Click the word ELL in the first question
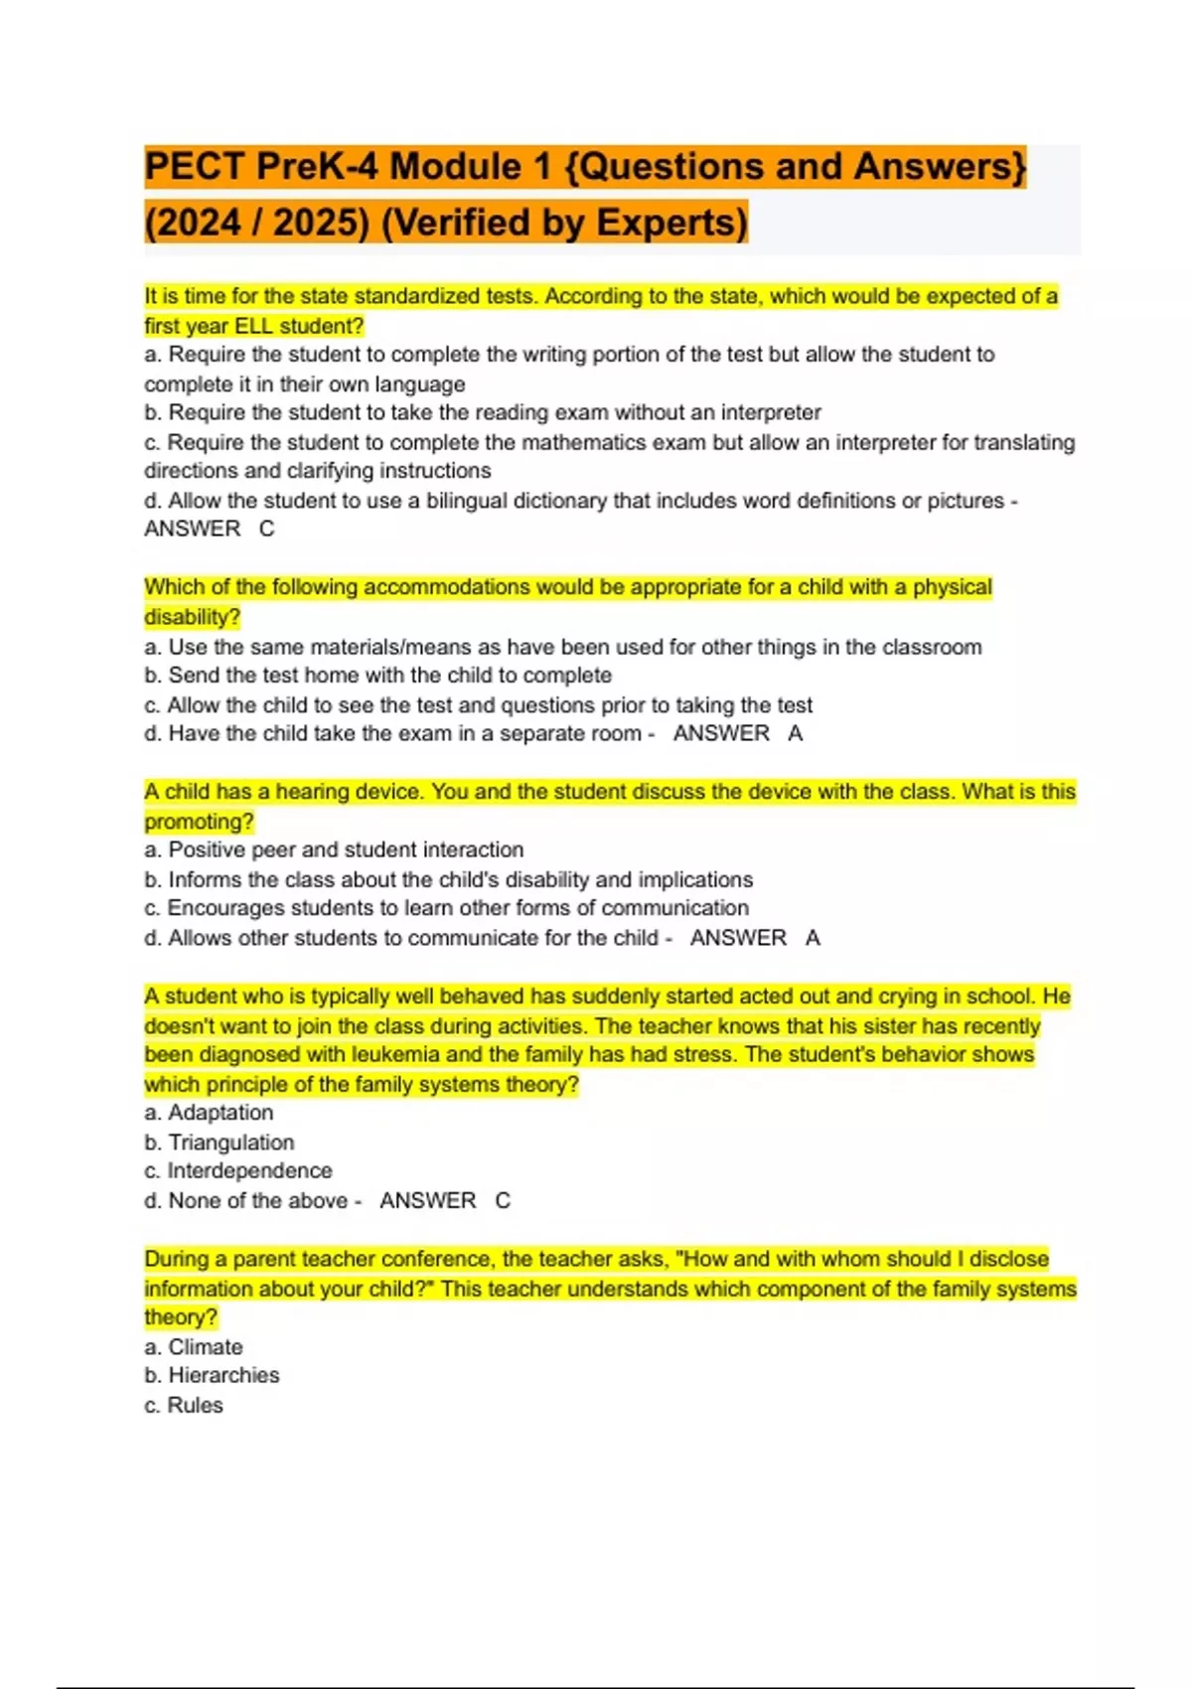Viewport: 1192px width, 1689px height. click(253, 326)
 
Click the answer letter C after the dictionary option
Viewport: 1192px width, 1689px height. click(266, 529)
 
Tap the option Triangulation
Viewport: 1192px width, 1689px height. click(230, 1143)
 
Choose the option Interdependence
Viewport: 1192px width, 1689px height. click(249, 1171)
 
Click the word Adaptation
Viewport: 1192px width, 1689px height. click(221, 1113)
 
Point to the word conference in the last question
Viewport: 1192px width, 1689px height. click(437, 1259)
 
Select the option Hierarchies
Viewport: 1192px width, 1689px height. click(223, 1375)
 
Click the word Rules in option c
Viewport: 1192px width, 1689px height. click(195, 1405)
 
